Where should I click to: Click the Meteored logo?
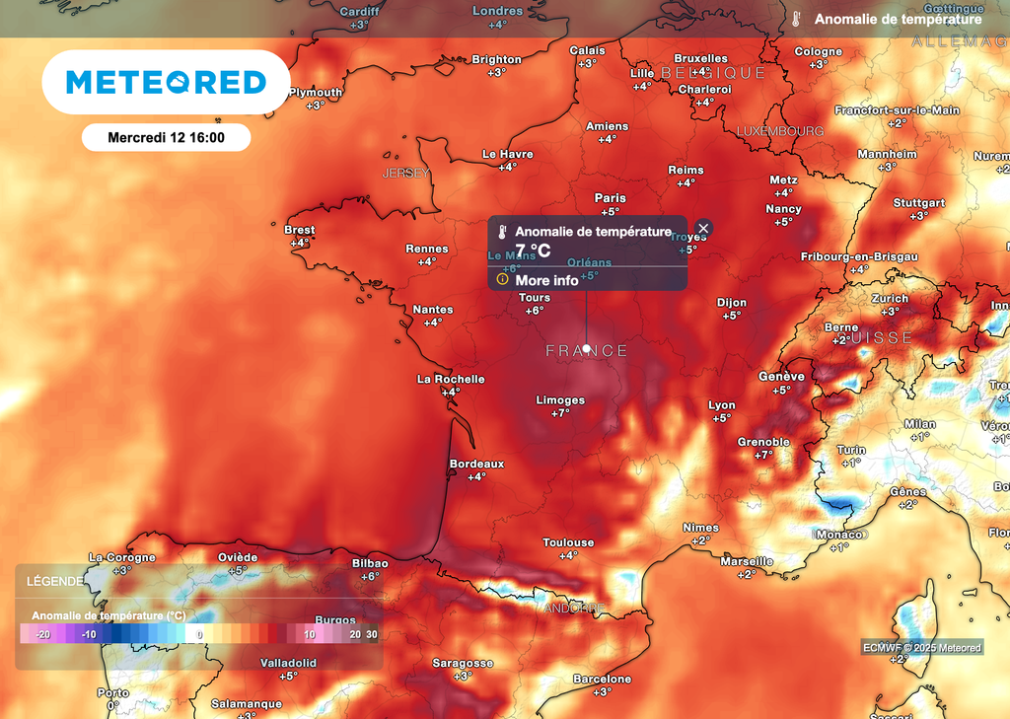tap(166, 83)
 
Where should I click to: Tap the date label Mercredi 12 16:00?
tap(166, 137)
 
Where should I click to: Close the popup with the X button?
tap(703, 229)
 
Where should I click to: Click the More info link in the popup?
tap(546, 280)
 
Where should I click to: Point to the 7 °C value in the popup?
tap(533, 251)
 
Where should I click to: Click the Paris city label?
tap(610, 198)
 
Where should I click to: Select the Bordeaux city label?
tap(476, 464)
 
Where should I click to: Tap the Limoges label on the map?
tap(560, 400)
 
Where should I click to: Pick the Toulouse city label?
tap(568, 542)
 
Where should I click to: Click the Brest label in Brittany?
tap(300, 230)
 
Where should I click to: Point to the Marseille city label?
tap(747, 561)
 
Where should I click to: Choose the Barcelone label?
tap(603, 679)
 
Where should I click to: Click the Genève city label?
tap(781, 377)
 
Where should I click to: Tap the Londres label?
tap(497, 11)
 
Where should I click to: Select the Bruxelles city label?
tap(700, 58)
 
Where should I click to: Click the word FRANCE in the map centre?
tap(587, 351)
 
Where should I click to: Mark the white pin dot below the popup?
tap(587, 348)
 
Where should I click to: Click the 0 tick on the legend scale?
tap(200, 635)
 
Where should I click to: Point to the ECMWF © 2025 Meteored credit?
tap(922, 648)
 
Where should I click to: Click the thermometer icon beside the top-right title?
tap(796, 20)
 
